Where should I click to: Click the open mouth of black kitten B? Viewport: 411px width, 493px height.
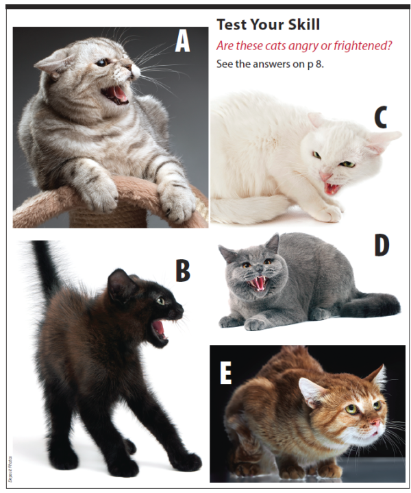click(x=160, y=327)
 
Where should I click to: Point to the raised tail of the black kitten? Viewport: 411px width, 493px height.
click(x=45, y=267)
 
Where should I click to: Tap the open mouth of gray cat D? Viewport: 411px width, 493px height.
click(x=258, y=282)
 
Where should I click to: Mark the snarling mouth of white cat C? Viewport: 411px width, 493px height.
click(x=332, y=187)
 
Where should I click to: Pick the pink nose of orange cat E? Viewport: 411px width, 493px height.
click(x=376, y=426)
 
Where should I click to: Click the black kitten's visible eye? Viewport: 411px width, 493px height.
click(x=161, y=300)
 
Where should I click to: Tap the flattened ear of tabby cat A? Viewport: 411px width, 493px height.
click(x=51, y=64)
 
